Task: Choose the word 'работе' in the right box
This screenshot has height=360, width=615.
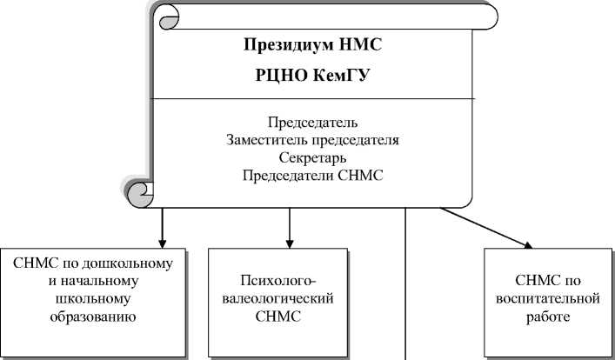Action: [548, 317]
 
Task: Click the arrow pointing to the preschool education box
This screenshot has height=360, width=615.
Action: [162, 228]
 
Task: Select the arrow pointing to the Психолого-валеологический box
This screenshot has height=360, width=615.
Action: [289, 228]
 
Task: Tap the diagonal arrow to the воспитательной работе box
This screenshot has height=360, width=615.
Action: [487, 228]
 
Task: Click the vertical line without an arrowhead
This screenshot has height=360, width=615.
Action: [406, 287]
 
